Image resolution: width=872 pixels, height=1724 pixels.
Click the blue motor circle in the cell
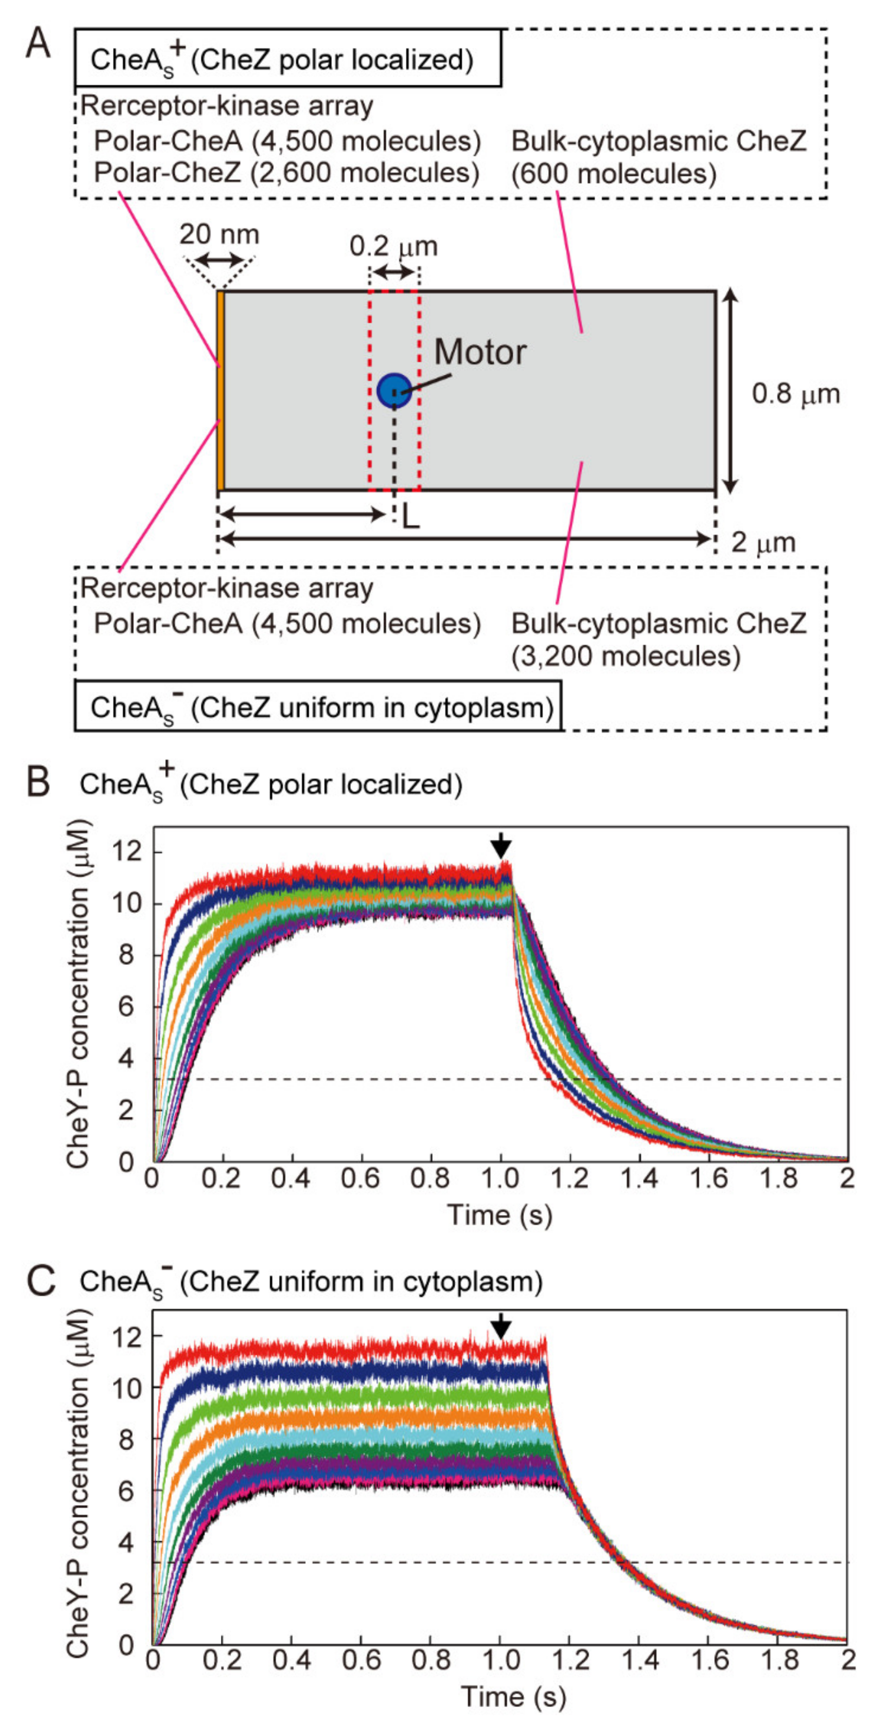tap(394, 390)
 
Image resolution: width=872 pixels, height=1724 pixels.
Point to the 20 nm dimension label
tap(219, 235)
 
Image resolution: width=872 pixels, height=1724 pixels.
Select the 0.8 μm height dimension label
tap(796, 394)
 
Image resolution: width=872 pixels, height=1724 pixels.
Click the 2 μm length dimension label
tap(763, 542)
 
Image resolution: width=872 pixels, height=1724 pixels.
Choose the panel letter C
tap(38, 1281)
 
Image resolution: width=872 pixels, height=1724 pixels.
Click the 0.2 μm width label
tap(393, 246)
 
